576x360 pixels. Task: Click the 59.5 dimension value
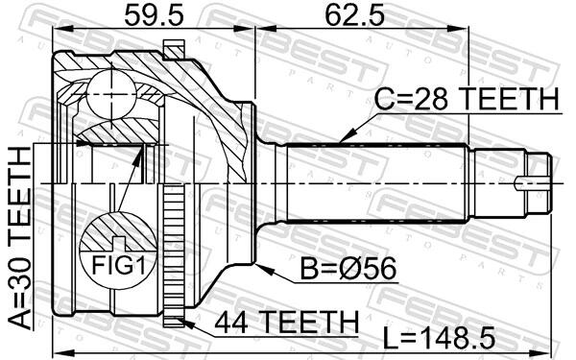click(154, 15)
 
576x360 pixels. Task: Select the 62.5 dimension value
click(354, 15)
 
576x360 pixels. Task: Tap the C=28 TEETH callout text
click(467, 99)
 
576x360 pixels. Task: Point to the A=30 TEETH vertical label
click(20, 238)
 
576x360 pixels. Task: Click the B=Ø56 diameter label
click(348, 268)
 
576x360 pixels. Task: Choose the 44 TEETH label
click(286, 322)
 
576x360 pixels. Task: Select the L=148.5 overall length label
click(439, 338)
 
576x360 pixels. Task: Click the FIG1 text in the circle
click(118, 265)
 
